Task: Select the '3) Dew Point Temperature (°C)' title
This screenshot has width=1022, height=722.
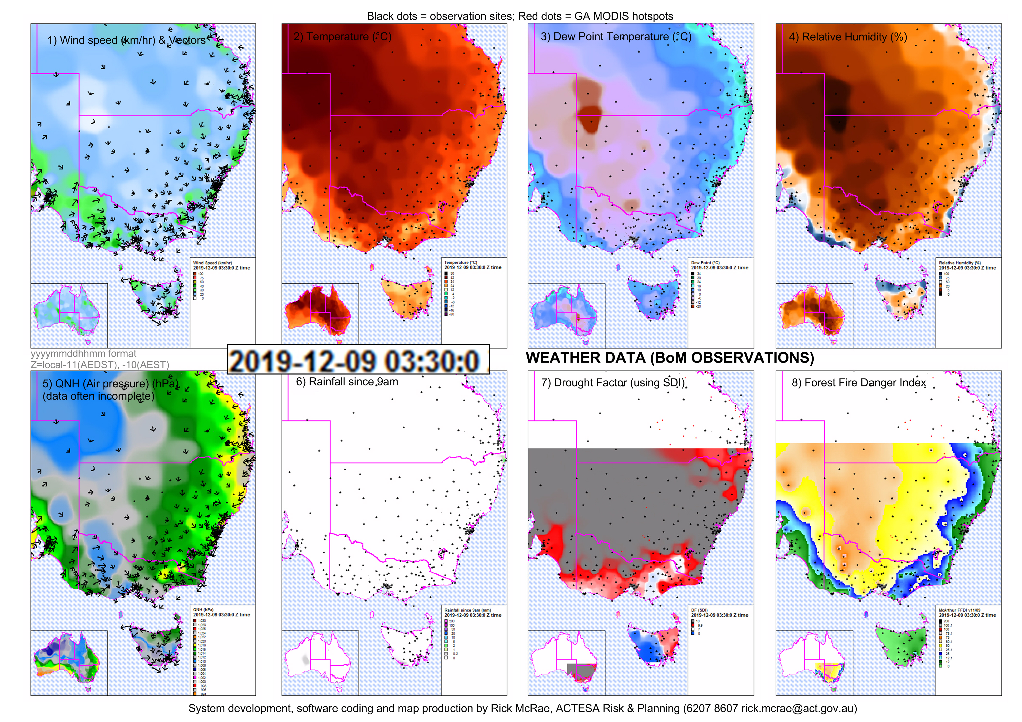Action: point(616,37)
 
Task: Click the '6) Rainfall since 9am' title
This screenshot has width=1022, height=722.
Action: point(347,382)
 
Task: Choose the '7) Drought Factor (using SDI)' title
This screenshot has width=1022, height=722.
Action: point(613,383)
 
